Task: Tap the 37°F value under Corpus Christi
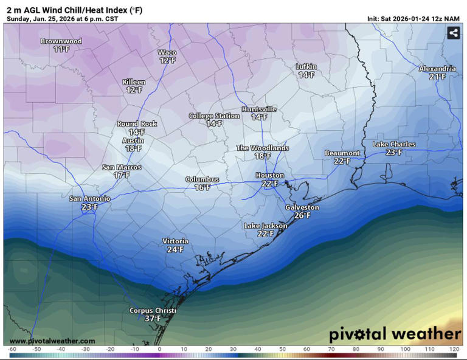point(153,319)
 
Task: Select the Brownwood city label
point(61,41)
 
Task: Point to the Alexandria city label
point(437,69)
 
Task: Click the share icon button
point(453,33)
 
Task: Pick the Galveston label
point(302,207)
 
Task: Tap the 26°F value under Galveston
point(302,215)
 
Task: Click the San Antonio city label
point(89,198)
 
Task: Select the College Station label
point(214,116)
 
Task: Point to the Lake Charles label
point(394,144)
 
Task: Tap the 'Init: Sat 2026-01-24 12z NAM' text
point(413,19)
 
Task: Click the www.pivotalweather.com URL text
point(52,341)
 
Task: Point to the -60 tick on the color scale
point(12,350)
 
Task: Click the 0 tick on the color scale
point(159,350)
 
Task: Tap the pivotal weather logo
point(395,334)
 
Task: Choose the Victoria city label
point(175,241)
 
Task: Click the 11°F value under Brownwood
point(61,49)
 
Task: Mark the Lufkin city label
point(306,66)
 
